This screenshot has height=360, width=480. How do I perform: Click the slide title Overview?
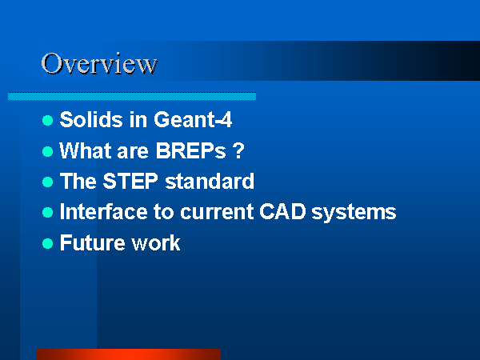[99, 63]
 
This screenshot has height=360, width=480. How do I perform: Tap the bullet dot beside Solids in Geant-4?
[48, 120]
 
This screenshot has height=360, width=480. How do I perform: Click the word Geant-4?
[193, 119]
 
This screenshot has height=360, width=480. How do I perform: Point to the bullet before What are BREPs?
[48, 151]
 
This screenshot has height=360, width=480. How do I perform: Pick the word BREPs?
[191, 150]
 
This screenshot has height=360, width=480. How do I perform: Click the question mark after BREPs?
[238, 150]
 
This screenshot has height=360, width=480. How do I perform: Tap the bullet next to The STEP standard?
[48, 182]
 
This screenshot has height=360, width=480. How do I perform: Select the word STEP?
[130, 181]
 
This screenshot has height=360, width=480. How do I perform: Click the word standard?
[210, 181]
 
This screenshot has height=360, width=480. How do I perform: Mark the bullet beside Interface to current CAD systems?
[48, 212]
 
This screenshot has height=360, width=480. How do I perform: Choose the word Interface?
[103, 211]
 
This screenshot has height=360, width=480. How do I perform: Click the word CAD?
[282, 211]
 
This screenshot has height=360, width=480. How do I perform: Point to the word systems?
[354, 213]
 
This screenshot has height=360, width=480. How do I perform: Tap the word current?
[217, 212]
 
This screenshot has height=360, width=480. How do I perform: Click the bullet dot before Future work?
[48, 244]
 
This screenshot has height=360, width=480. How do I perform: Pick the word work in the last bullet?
[156, 242]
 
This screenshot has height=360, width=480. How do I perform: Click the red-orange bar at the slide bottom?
[129, 354]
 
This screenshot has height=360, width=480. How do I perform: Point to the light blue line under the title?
[132, 96]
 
